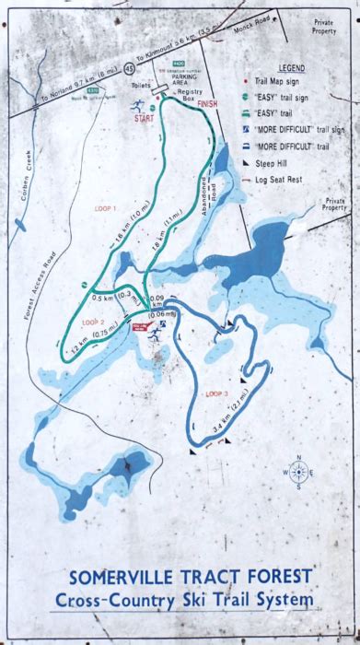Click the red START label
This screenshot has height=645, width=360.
pyautogui.click(x=145, y=119)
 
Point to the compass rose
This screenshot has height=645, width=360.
pyautogui.click(x=299, y=471)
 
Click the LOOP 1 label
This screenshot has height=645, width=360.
pyautogui.click(x=107, y=209)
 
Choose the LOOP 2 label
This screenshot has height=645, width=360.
pyautogui.click(x=92, y=322)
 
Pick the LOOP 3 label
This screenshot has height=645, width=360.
pyautogui.click(x=217, y=369)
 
